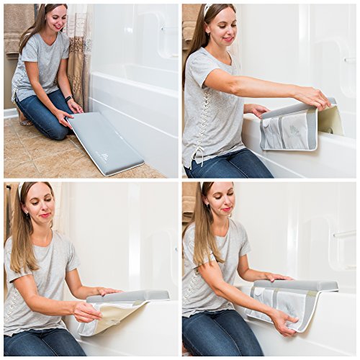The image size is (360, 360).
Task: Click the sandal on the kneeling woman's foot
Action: (25, 121)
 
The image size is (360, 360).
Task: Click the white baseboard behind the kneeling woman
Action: (10, 113)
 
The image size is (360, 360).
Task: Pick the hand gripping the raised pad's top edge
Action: (313, 97)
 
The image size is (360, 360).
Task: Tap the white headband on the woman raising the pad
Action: (209, 10)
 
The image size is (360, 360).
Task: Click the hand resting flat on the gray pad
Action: (278, 276)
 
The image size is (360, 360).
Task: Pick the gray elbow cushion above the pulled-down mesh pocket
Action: (301, 286)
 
